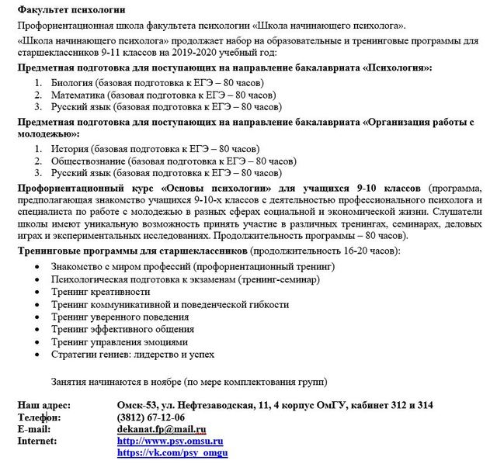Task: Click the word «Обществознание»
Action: point(89,160)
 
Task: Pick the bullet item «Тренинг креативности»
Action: point(101,292)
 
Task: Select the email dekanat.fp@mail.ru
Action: point(161,428)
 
